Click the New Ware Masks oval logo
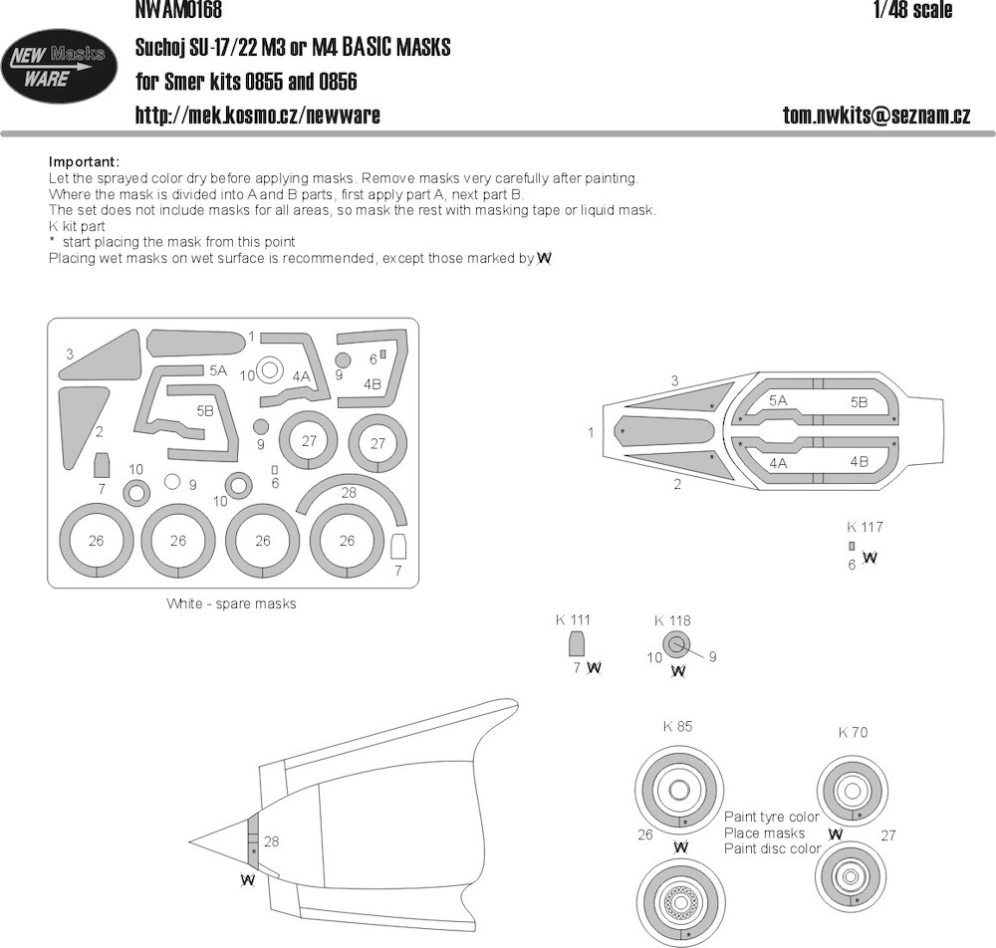click(59, 66)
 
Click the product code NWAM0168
click(178, 10)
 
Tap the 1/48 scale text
click(912, 10)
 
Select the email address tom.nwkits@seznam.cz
click(876, 115)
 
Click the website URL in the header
click(258, 115)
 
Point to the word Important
click(84, 162)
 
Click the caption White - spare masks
click(231, 603)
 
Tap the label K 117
click(865, 527)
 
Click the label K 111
click(573, 619)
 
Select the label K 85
click(677, 726)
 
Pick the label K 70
click(853, 733)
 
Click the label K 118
click(672, 620)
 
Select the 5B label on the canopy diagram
click(859, 402)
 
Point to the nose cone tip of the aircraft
click(188, 842)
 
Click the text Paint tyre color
click(772, 817)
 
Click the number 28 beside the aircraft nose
click(271, 841)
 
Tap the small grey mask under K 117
click(852, 546)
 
